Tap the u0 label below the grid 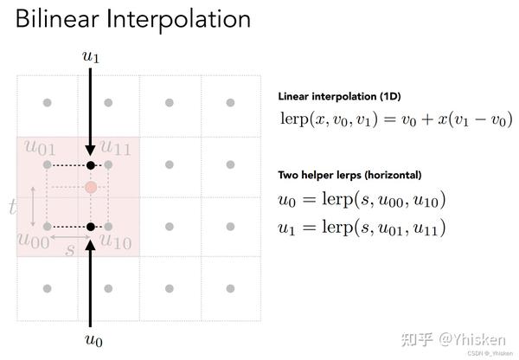pyautogui.click(x=91, y=340)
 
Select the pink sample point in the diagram pyautogui.click(x=91, y=187)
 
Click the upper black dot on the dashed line pyautogui.click(x=91, y=164)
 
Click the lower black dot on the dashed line pyautogui.click(x=91, y=227)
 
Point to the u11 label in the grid pyautogui.click(x=115, y=149)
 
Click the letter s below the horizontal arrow pyautogui.click(x=70, y=249)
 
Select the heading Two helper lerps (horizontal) pyautogui.click(x=349, y=175)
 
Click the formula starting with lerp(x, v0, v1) pyautogui.click(x=395, y=118)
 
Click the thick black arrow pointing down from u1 pyautogui.click(x=91, y=112)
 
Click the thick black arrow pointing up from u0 pyautogui.click(x=91, y=277)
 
